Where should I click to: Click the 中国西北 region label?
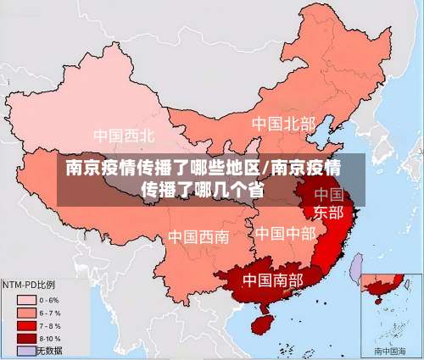(x=124, y=136)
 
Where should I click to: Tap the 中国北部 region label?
(x=282, y=124)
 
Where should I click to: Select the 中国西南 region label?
(x=198, y=236)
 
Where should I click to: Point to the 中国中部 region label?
(x=285, y=232)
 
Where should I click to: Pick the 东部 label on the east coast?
(x=329, y=212)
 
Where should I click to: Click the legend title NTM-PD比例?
(x=29, y=285)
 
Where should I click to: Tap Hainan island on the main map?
(x=256, y=323)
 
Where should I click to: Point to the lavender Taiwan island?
(x=357, y=269)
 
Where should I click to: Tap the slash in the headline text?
(x=268, y=166)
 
